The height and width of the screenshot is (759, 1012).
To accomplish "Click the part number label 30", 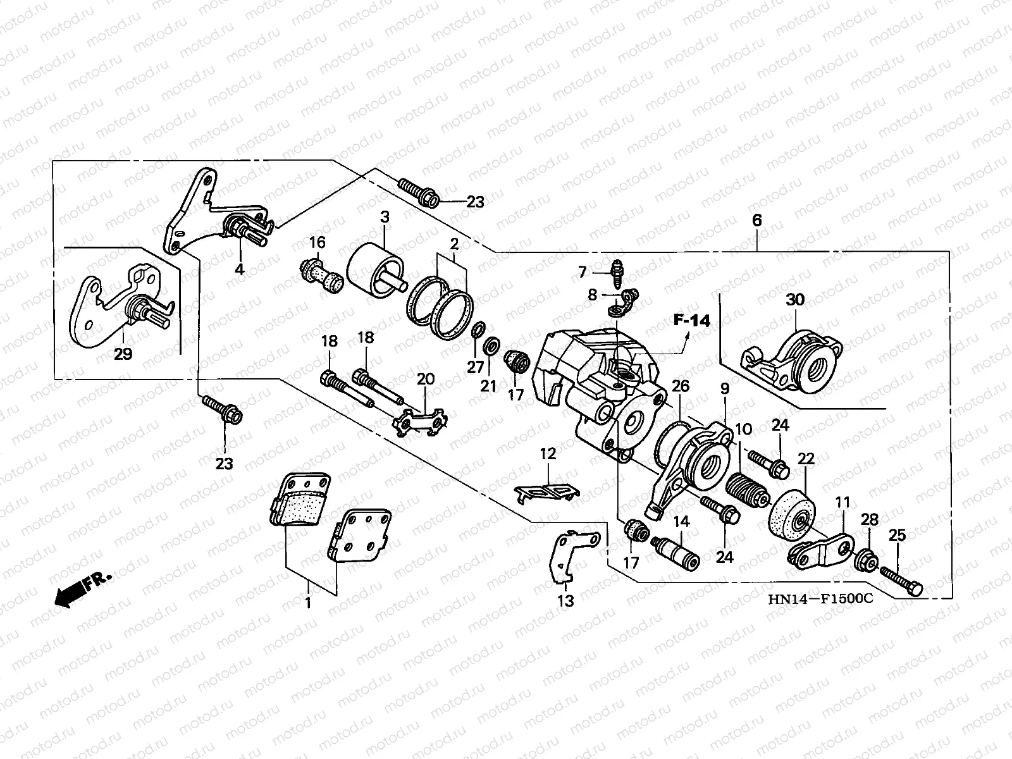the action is pyautogui.click(x=795, y=300).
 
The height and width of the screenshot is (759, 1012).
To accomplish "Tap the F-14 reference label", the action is pyautogui.click(x=691, y=320).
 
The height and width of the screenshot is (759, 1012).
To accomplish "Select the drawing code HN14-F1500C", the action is pyautogui.click(x=820, y=598).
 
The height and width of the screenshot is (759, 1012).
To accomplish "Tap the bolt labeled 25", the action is pyautogui.click(x=901, y=580).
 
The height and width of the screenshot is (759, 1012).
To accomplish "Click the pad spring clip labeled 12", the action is pyautogui.click(x=547, y=491).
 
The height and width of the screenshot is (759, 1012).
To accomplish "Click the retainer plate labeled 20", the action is pyautogui.click(x=419, y=421).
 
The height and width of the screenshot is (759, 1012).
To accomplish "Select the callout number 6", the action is pyautogui.click(x=757, y=220).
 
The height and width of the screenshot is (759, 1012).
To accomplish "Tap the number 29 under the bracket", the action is pyautogui.click(x=123, y=354).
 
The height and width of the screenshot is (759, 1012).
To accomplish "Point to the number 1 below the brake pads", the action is pyautogui.click(x=308, y=602).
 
